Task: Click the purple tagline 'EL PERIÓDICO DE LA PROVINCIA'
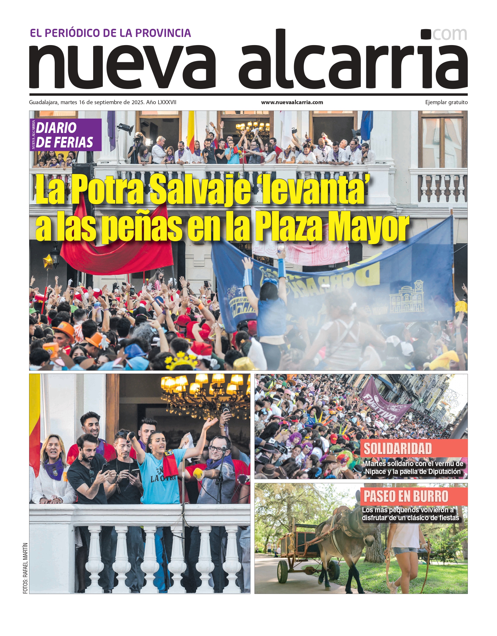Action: point(110,33)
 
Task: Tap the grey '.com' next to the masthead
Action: point(450,34)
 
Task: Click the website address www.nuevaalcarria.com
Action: point(292,102)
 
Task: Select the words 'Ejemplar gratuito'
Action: point(446,102)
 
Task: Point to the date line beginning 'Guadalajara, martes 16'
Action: point(102,102)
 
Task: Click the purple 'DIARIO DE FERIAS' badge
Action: point(66,135)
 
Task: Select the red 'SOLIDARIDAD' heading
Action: point(398,449)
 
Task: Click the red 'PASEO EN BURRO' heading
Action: point(406,497)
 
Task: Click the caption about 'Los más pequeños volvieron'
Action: point(411,514)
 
